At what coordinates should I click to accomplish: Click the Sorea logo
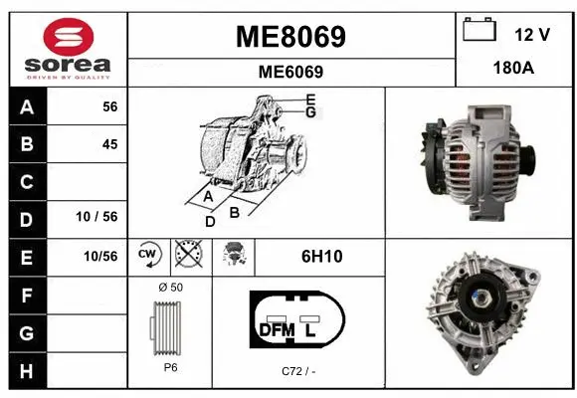pyautogui.click(x=68, y=47)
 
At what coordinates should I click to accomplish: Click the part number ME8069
pyautogui.click(x=290, y=37)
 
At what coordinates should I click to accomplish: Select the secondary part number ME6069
pyautogui.click(x=290, y=72)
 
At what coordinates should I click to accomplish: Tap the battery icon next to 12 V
pyautogui.click(x=480, y=31)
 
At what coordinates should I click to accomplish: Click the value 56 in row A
pyautogui.click(x=109, y=107)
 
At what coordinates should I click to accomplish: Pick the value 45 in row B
pyautogui.click(x=109, y=144)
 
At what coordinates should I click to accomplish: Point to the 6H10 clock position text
pyautogui.click(x=321, y=257)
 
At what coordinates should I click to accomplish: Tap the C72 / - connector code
pyautogui.click(x=296, y=371)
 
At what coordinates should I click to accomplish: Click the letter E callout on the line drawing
pyautogui.click(x=310, y=99)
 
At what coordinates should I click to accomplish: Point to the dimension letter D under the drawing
pyautogui.click(x=210, y=221)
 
